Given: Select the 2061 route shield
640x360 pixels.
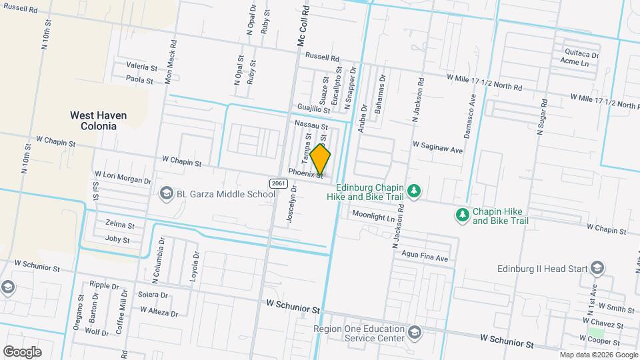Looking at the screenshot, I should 279,183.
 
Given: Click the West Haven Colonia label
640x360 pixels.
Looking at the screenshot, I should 98,120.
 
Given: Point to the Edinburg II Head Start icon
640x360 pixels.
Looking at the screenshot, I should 597,269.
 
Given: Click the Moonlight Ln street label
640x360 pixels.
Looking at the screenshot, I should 373,217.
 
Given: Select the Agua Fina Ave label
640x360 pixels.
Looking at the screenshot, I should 425,256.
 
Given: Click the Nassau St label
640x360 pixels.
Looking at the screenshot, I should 311,125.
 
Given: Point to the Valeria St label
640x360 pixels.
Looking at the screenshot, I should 142,67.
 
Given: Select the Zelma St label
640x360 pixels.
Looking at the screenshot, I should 120,225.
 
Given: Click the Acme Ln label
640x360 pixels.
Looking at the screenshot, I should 575,63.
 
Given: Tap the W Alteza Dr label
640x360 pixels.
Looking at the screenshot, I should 159,311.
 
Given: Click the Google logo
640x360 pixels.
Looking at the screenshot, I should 22,351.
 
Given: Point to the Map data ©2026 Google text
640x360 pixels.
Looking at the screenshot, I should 598,354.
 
